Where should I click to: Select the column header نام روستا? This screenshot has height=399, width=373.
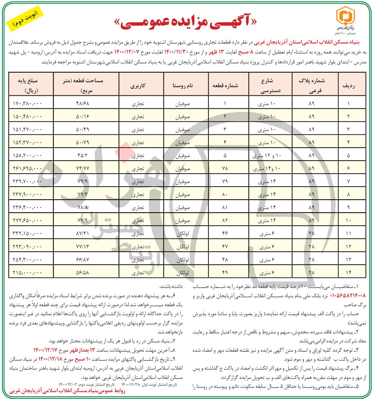coord(183,85)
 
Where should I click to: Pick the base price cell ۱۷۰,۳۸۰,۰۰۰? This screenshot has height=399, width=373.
coord(28,103)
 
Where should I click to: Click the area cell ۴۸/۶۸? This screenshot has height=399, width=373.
coord(82,103)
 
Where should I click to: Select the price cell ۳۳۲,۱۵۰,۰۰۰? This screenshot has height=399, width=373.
coord(28,233)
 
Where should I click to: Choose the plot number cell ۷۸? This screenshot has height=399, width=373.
coord(225,169)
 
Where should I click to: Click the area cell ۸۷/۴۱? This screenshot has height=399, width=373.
coord(82,233)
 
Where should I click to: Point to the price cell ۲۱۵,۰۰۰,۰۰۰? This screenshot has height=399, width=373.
coord(28,272)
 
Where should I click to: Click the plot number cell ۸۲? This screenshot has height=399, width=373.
coord(225,220)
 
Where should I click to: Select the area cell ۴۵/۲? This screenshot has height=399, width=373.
coord(82,156)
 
